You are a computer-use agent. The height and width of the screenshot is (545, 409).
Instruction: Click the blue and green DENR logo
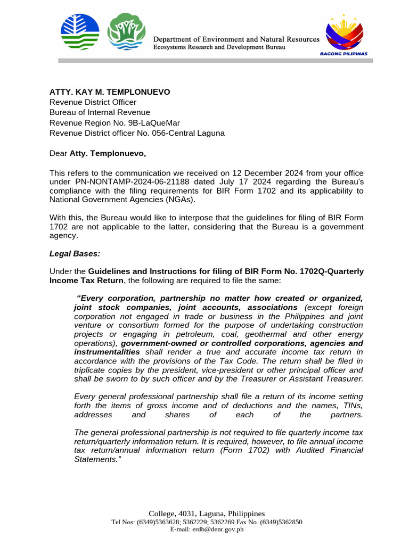click(80, 31)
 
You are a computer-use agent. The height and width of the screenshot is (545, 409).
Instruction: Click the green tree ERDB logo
click(126, 31)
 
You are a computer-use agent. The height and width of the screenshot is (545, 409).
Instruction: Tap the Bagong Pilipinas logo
click(347, 34)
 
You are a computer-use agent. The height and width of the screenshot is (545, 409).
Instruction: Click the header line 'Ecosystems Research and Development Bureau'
click(219, 47)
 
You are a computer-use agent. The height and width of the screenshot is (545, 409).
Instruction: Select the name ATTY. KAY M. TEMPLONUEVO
click(110, 92)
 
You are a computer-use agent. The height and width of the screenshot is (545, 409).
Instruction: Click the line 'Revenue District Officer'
click(93, 102)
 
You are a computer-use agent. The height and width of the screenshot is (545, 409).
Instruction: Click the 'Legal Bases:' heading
click(75, 254)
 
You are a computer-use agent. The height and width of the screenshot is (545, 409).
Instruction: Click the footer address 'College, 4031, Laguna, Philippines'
click(207, 514)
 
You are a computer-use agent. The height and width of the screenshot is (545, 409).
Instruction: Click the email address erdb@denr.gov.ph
click(207, 530)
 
